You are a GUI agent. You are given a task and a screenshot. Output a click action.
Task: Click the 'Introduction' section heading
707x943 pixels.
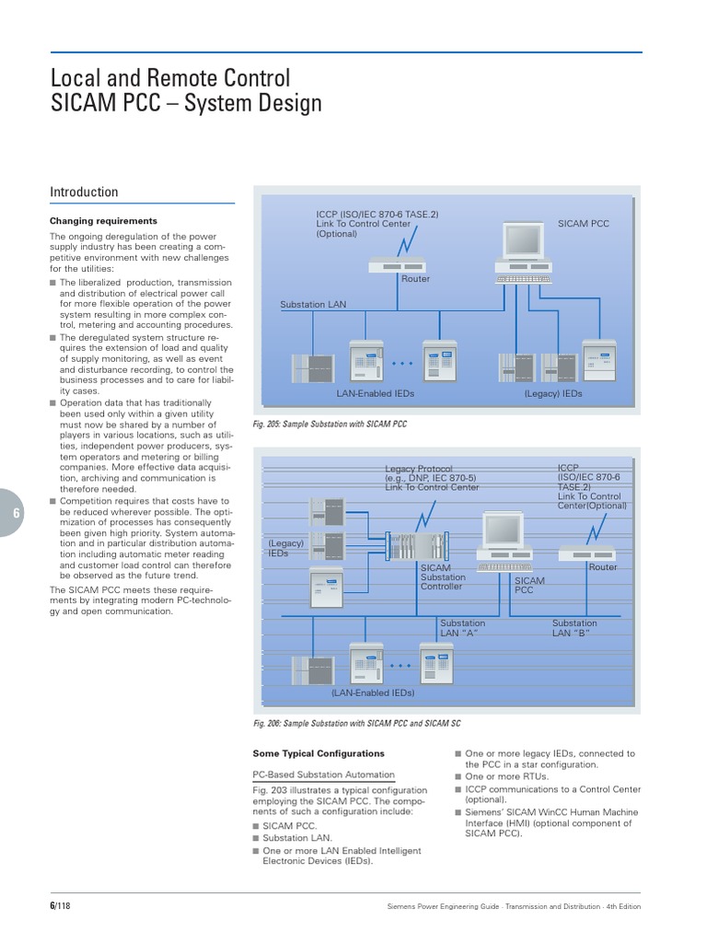(x=84, y=192)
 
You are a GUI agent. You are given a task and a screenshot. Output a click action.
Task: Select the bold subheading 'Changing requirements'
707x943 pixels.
(x=103, y=221)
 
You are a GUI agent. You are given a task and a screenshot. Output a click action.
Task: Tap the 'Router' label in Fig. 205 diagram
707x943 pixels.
(x=415, y=278)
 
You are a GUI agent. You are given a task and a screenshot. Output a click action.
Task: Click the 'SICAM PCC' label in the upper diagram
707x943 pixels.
(x=584, y=224)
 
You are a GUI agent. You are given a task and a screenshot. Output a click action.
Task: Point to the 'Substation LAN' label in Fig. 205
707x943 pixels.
(x=313, y=305)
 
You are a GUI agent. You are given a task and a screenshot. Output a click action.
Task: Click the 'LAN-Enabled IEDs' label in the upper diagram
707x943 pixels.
(x=375, y=393)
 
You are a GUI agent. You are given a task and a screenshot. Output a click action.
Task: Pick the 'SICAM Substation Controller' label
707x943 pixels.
(x=444, y=577)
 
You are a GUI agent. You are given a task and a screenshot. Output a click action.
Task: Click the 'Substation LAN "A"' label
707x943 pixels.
(x=462, y=628)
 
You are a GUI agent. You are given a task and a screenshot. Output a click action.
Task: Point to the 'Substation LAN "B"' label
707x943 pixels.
(x=574, y=628)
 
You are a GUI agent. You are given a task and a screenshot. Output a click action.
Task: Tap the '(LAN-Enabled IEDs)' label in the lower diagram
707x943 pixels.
(x=373, y=693)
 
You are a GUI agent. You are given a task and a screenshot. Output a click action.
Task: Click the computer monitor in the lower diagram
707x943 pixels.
(x=504, y=531)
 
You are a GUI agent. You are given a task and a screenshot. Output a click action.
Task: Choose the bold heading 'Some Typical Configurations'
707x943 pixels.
(x=319, y=753)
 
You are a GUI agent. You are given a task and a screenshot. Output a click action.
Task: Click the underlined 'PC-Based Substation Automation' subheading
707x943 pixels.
(x=323, y=774)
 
